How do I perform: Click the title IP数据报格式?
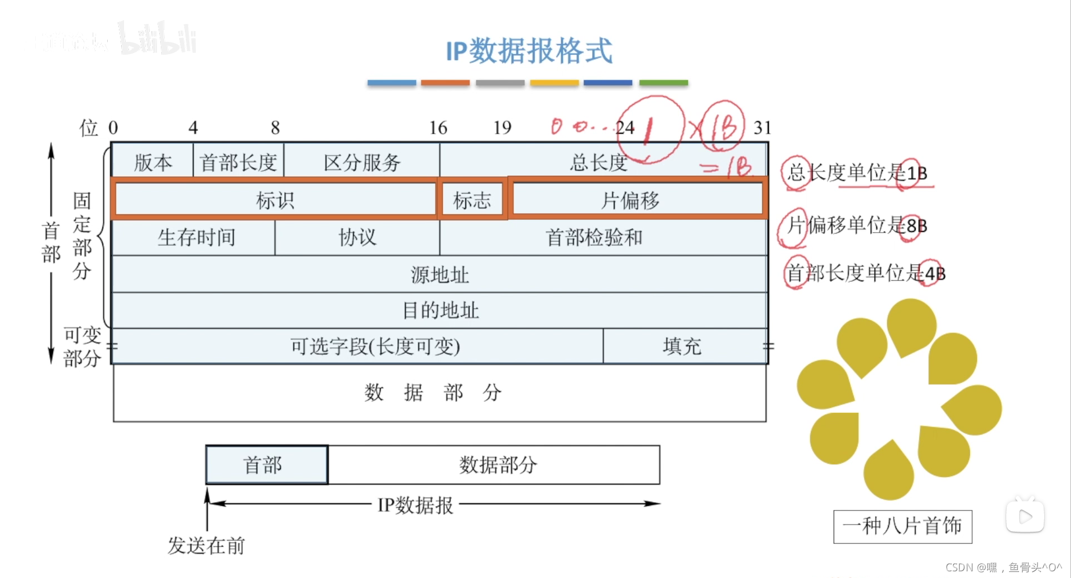point(529,51)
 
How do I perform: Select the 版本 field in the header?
point(152,162)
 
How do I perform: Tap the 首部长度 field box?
point(238,162)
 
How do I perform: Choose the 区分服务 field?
point(362,162)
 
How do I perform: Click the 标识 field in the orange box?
point(275,200)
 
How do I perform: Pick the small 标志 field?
point(472,200)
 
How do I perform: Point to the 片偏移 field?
point(631,200)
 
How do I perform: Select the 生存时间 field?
point(195,238)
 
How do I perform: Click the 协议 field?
point(357,238)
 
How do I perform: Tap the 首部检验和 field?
point(594,238)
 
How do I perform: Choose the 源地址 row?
point(439,274)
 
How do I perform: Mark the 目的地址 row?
point(440,310)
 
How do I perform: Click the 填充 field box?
point(682,346)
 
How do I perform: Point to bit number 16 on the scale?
point(438,128)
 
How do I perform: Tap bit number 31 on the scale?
point(762,128)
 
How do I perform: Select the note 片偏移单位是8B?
point(857,225)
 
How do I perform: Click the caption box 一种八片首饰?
point(902,526)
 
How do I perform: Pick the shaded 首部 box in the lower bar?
point(266,465)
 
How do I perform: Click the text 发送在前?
point(206,545)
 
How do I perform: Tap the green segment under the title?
point(663,83)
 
